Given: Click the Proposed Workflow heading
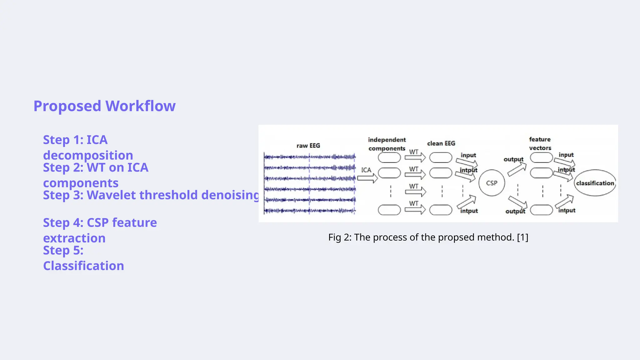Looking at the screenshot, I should pos(104,106).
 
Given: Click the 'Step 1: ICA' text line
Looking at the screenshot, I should pos(75,140).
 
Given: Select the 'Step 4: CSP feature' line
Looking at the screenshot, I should pos(100,223).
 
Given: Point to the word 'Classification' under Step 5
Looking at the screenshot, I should pos(83,266).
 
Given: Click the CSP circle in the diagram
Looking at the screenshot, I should pos(492,183).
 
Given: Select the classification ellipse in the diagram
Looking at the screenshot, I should pos(595,183).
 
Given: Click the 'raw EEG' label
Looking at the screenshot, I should pos(308,146).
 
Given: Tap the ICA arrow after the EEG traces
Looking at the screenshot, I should pos(367,178).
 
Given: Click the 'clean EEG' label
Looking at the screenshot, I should pos(441,143).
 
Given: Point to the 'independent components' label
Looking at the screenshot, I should pos(387,144).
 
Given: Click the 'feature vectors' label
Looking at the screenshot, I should pos(540,144).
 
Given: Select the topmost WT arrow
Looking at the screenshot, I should pos(415,157).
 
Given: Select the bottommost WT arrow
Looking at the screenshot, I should pos(415,209).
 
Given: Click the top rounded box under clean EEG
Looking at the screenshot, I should pos(441,157).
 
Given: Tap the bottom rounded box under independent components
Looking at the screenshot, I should pos(389,210).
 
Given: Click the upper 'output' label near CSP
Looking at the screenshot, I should pos(513,159).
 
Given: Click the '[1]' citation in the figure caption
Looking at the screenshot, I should pos(522,237).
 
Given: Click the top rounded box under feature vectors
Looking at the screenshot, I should pos(541,157).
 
